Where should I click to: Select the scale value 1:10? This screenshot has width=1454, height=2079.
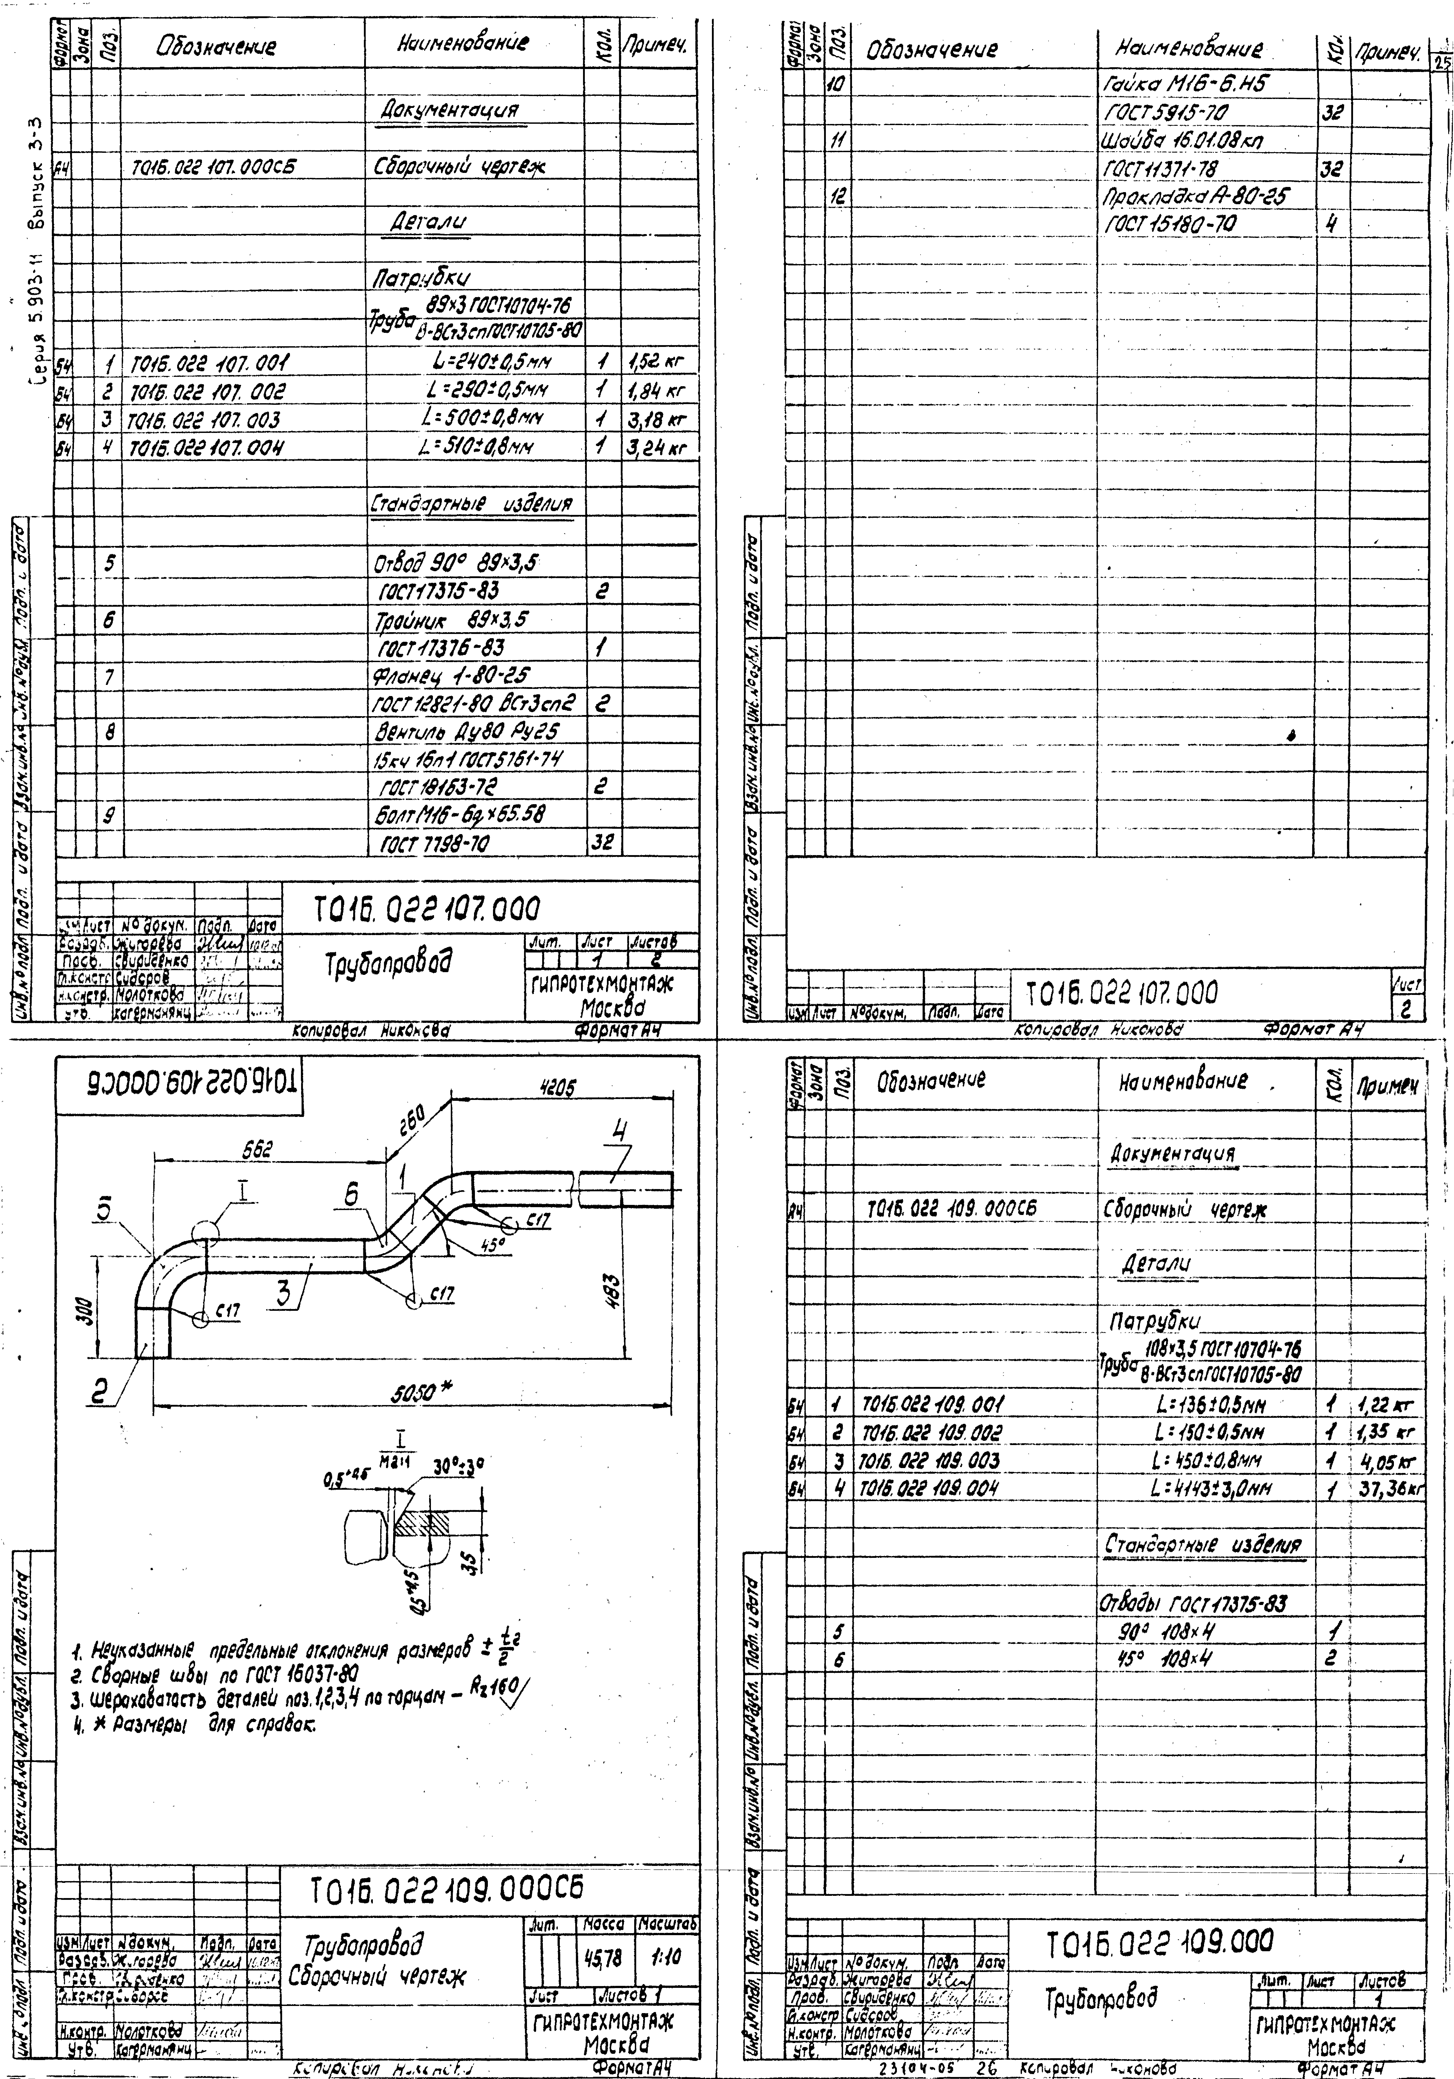pyautogui.click(x=667, y=1958)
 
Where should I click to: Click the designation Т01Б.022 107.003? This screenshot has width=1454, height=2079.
pyautogui.click(x=205, y=420)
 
